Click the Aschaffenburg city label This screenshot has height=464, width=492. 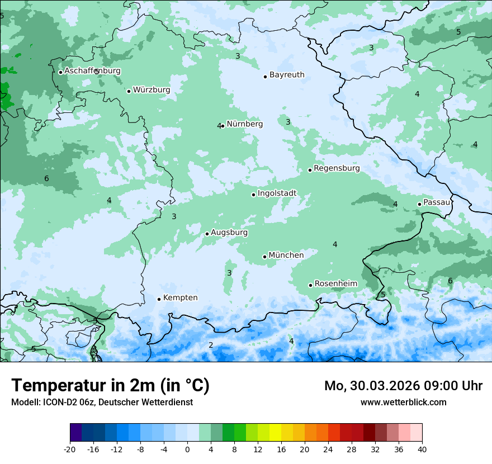tap(92, 71)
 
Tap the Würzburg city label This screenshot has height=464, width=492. tap(152, 90)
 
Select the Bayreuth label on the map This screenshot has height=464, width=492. tap(287, 75)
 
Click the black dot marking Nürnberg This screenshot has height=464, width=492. tap(223, 126)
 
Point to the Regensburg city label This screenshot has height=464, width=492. tap(337, 168)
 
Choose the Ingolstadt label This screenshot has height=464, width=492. tap(277, 193)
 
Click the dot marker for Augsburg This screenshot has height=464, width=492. tap(207, 234)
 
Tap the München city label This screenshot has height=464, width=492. tap(286, 255)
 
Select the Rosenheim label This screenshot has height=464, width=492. tap(335, 284)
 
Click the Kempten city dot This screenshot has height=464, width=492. tap(159, 299)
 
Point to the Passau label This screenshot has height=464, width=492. tap(437, 202)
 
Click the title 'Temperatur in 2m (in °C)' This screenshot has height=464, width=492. tap(111, 386)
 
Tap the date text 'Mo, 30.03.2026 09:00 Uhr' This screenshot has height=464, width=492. tap(403, 386)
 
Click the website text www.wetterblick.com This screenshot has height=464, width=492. tap(403, 402)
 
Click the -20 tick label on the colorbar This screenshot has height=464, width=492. tap(70, 449)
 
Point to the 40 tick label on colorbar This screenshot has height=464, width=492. tap(422, 449)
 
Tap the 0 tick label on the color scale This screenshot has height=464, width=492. tap(187, 449)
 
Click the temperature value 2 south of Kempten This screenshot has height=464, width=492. tap(211, 345)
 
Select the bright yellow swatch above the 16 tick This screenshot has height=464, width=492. tap(275, 433)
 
